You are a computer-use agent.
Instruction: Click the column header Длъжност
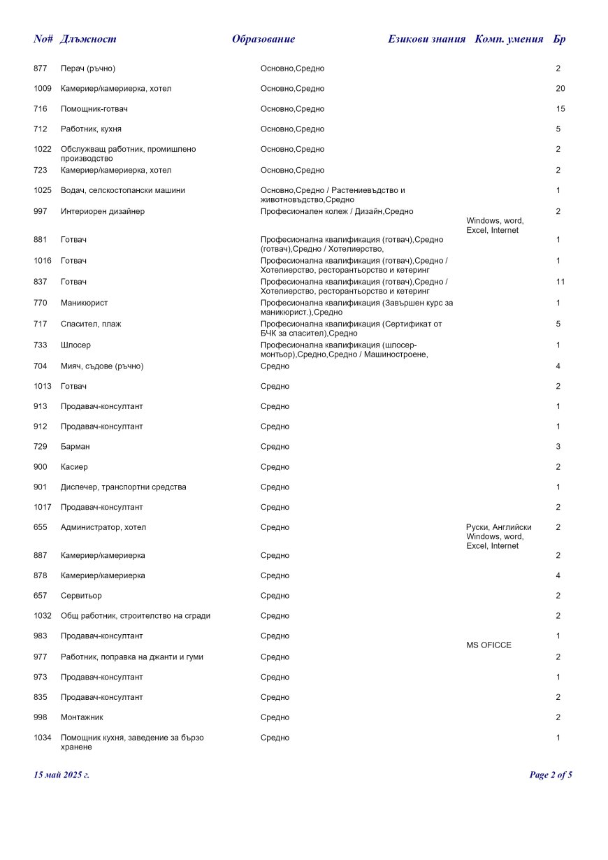point(88,39)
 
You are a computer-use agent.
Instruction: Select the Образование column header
point(263,39)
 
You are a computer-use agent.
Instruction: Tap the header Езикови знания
point(426,39)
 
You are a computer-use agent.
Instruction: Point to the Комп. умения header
point(509,39)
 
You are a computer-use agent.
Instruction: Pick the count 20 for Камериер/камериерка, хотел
point(560,89)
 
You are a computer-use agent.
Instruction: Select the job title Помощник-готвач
point(94,109)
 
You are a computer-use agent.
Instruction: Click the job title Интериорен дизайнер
point(103,211)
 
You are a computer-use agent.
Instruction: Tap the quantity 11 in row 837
point(560,282)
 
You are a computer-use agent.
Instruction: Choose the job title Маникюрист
point(84,303)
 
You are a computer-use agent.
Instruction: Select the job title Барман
point(75,446)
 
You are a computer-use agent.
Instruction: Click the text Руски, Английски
point(498,527)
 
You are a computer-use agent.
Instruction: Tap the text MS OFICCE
point(488,645)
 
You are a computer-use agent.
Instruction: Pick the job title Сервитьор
point(81,596)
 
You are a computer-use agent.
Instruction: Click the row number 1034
point(43,738)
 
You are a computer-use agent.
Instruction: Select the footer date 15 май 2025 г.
point(61,775)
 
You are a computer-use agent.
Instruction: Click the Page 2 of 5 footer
point(551,775)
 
